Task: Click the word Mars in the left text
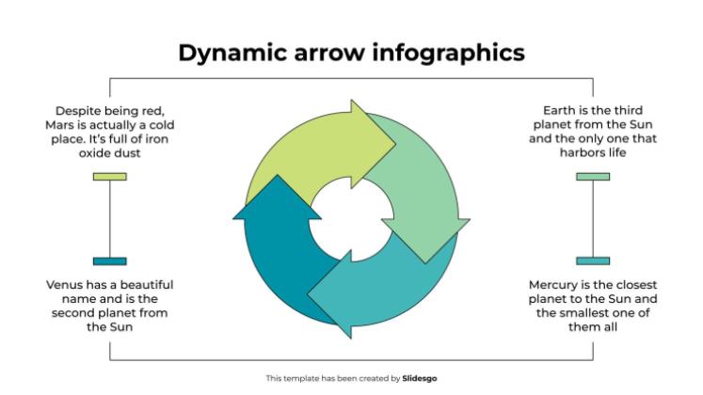pyautogui.click(x=61, y=124)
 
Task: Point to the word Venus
pyautogui.click(x=64, y=284)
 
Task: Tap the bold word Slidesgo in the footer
pyautogui.click(x=419, y=378)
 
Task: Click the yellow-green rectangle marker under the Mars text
pyautogui.click(x=110, y=176)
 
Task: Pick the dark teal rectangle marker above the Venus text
pyautogui.click(x=110, y=261)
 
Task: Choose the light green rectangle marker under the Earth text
pyautogui.click(x=593, y=176)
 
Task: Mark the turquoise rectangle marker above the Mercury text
pyautogui.click(x=593, y=261)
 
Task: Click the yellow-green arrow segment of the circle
pyautogui.click(x=301, y=155)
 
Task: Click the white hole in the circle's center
pyautogui.click(x=350, y=222)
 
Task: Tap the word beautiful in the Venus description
pyautogui.click(x=142, y=284)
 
